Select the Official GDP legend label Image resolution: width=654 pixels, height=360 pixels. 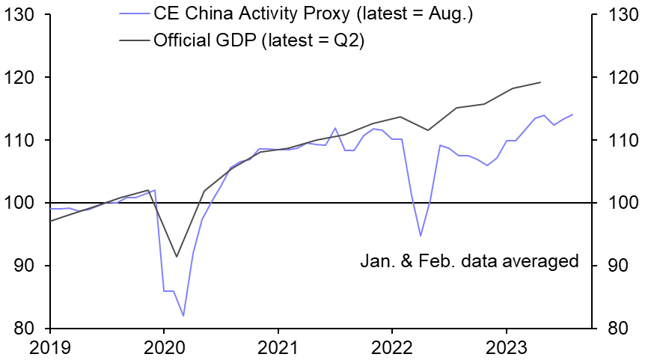tap(258, 40)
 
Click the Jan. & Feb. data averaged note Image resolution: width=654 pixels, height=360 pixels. tap(469, 261)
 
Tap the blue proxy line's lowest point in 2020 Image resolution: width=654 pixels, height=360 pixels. tap(183, 316)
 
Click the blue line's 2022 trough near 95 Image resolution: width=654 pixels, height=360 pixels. tap(421, 236)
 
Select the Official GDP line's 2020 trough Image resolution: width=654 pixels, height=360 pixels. tap(177, 257)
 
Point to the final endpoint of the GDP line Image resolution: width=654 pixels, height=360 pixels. tap(540, 82)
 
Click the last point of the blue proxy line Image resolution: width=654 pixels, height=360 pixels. tap(572, 115)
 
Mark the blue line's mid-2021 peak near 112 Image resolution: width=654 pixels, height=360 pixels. tap(335, 128)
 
